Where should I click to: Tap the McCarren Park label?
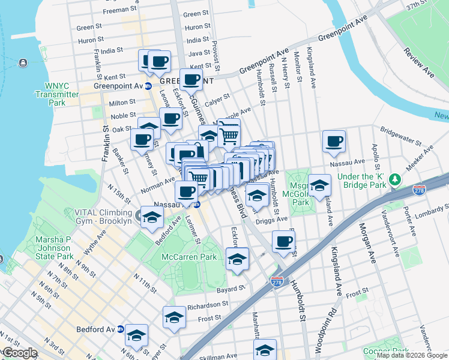click(x=189, y=257)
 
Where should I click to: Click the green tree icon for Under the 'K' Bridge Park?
click(x=394, y=179)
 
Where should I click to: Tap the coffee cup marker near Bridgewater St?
click(x=334, y=141)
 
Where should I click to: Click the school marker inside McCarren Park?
click(x=237, y=259)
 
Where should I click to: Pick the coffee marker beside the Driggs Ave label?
click(x=283, y=241)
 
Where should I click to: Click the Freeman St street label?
click(x=117, y=10)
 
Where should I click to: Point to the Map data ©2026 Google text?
click(x=411, y=355)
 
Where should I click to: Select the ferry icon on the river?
click(x=22, y=63)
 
